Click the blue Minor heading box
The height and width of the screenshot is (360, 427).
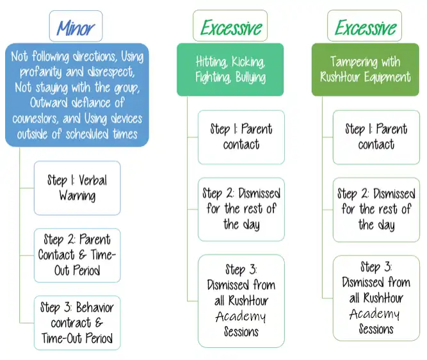[x=76, y=26]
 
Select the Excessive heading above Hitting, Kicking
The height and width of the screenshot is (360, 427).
[x=230, y=26]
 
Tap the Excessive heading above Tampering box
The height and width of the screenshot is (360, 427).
[x=364, y=26]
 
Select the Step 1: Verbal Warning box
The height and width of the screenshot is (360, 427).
[x=77, y=188]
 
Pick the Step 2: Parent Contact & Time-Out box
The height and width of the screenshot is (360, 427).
[x=77, y=256]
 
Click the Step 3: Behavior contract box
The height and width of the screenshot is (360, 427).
[x=77, y=323]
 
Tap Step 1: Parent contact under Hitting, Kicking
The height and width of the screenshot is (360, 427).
[x=241, y=137]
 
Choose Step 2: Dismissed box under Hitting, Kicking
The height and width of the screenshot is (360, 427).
[x=241, y=209]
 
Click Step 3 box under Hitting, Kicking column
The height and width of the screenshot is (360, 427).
[x=241, y=301]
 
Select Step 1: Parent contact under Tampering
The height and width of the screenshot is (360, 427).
[x=376, y=137]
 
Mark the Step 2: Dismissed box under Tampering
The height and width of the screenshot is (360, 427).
[x=376, y=210]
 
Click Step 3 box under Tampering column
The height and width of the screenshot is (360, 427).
[x=376, y=298]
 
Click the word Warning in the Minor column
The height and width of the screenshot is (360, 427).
[x=77, y=195]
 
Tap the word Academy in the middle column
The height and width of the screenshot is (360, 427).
[x=241, y=316]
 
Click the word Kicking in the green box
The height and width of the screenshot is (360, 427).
[x=248, y=62]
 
